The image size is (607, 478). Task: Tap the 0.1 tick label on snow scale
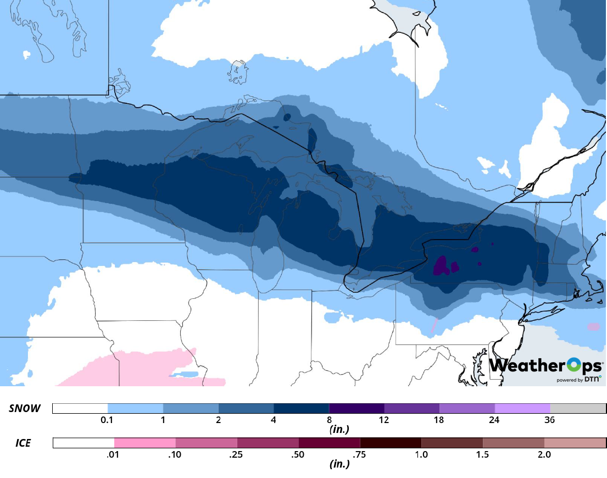coord(108,420)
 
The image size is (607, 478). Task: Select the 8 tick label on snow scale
coord(328,420)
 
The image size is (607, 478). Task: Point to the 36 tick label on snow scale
coord(549,420)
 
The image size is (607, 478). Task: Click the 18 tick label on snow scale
coord(439,420)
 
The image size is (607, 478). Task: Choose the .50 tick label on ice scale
coord(298,455)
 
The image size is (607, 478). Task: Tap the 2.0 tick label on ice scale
coord(544,455)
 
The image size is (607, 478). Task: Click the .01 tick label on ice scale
coord(114,455)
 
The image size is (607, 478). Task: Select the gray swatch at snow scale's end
coord(578,408)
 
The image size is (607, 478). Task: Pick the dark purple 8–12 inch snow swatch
coord(356,408)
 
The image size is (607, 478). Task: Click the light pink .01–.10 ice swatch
coord(145,443)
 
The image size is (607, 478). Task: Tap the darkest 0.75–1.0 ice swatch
coord(391,443)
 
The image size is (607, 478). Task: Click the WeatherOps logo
coord(545,365)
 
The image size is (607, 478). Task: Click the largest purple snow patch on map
coord(441,266)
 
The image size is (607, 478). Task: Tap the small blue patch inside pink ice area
coord(183,375)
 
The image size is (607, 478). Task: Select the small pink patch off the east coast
coord(593,327)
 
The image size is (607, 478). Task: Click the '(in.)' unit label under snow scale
coord(339,429)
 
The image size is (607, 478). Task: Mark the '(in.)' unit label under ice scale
coord(339,463)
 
